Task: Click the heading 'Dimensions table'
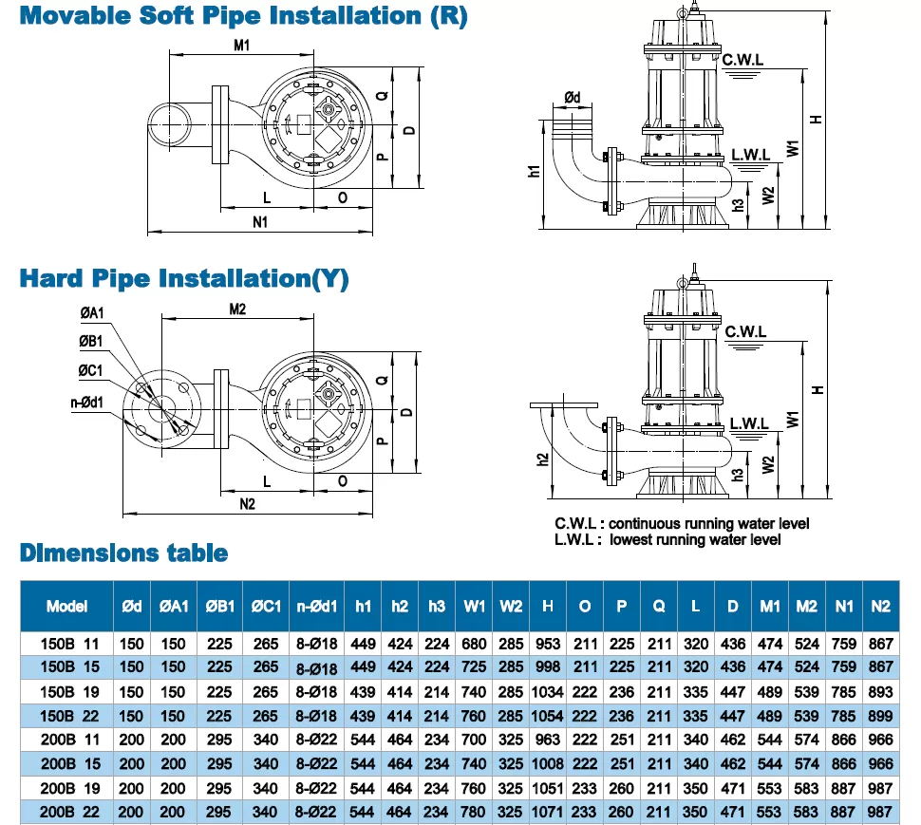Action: tap(124, 553)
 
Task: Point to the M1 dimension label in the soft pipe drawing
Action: tap(241, 45)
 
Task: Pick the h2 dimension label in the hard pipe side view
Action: tap(541, 459)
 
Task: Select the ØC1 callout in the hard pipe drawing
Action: tap(91, 370)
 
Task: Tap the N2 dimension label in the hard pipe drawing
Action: tap(247, 504)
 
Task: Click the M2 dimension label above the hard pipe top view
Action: tap(237, 309)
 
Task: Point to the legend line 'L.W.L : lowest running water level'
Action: tap(668, 539)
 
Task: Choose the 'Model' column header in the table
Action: tap(66, 606)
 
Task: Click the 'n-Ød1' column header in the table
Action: tap(314, 606)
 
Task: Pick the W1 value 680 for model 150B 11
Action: tap(475, 643)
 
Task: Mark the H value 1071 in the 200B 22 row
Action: tap(548, 812)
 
